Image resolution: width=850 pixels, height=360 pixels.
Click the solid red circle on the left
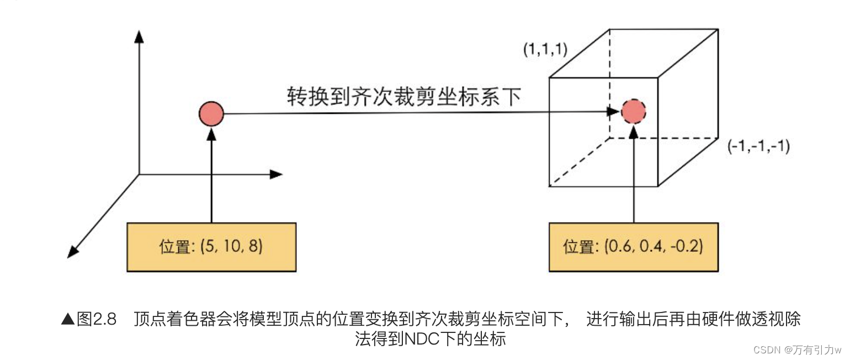(211, 115)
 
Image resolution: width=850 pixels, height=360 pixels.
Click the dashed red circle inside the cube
(633, 112)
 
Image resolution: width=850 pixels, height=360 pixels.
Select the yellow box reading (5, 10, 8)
(211, 246)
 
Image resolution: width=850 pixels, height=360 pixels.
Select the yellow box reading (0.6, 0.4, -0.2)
(633, 246)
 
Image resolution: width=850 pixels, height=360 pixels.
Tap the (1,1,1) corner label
(546, 50)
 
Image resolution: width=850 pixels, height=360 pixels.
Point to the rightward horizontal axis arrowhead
(277, 174)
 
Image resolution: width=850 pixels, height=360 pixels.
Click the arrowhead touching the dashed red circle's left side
(613, 112)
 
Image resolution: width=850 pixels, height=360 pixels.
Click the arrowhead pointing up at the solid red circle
(211, 132)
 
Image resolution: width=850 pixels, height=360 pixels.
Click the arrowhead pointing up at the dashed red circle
(634, 131)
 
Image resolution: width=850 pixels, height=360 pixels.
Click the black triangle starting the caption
(67, 320)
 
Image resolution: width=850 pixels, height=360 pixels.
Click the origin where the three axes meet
(140, 174)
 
